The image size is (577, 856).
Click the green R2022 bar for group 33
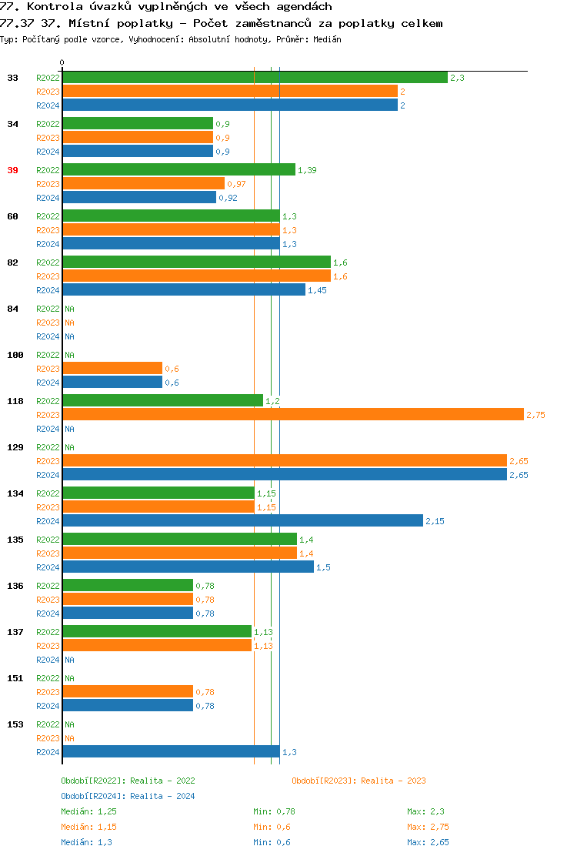254,78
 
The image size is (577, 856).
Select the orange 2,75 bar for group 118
292,415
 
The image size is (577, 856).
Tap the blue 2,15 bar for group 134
242,521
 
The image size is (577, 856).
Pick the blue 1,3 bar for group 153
171,752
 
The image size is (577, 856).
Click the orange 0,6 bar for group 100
112,369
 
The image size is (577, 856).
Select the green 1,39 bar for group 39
178,170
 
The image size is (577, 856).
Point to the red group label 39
12,170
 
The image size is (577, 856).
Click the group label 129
15,447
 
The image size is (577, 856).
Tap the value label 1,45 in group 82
317,290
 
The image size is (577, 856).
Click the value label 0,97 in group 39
236,184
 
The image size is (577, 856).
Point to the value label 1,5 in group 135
323,567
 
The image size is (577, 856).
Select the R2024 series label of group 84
48,336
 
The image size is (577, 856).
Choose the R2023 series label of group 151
48,692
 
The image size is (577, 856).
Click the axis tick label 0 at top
62,63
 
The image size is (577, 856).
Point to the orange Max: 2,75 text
428,827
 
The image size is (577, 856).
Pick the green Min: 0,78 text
274,811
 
